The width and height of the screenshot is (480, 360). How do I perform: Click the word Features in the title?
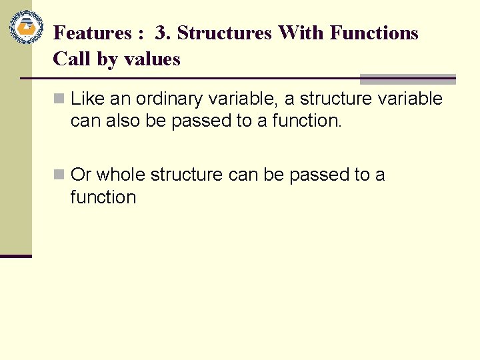pos(92,33)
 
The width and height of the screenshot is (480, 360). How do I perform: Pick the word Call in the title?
pos(72,59)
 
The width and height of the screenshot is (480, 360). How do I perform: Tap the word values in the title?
pos(151,59)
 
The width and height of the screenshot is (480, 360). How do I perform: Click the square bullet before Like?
pos(59,99)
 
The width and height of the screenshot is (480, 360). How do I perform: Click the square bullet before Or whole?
pos(59,175)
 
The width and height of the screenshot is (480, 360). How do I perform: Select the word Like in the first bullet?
pos(86,99)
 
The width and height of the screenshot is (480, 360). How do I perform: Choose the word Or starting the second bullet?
pos(80,175)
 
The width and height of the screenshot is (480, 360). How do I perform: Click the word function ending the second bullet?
pos(103,197)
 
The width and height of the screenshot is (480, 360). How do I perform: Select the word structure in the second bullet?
pos(187,175)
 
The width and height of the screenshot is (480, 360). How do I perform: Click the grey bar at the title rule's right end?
pos(407,79)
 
